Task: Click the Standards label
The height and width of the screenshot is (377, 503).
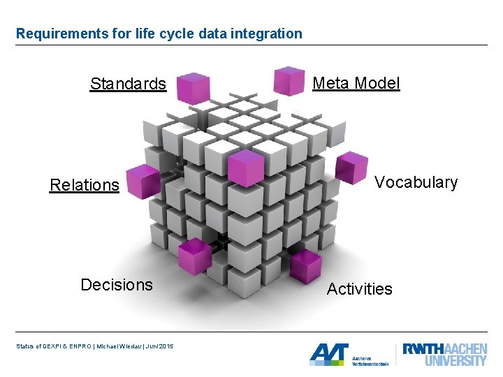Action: point(128,84)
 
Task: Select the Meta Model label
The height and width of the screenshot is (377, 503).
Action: point(356,84)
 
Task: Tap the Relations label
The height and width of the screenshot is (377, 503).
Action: point(85,186)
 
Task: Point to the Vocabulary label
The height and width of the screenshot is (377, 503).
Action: point(416,183)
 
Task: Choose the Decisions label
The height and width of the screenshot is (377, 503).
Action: point(117,285)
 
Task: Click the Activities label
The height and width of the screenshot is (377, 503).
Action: point(360,289)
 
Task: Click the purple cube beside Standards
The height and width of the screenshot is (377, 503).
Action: point(193,88)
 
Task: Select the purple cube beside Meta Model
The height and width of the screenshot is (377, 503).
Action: point(289,80)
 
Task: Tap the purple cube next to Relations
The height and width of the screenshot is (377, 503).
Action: point(143,182)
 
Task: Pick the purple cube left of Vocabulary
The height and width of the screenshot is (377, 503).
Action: point(351,168)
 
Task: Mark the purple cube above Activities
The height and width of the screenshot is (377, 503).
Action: point(305,265)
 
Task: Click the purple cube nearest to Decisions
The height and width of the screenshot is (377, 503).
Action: point(195,256)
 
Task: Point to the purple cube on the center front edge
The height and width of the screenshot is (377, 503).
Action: point(246,168)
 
